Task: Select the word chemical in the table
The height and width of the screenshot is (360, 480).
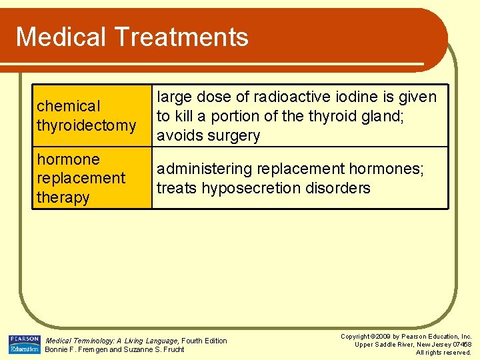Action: coord(69,106)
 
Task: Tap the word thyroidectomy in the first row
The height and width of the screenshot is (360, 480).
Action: coord(87,125)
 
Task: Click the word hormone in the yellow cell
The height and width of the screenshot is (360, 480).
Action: coord(68,159)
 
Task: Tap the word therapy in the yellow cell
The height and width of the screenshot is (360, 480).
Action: coord(63,197)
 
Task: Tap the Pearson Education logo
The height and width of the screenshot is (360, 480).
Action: coord(24,344)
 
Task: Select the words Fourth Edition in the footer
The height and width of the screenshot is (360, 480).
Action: coord(204,341)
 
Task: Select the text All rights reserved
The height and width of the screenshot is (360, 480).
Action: coord(443,353)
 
